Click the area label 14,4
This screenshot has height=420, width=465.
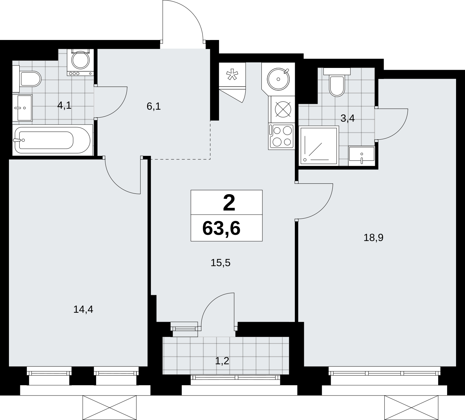(83, 310)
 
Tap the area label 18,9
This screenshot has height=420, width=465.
(373, 238)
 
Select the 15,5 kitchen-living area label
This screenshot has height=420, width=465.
(220, 263)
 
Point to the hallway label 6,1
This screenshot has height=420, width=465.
(154, 107)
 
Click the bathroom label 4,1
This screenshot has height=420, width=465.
(64, 106)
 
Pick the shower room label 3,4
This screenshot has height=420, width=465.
(348, 119)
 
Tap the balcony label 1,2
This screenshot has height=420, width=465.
(222, 361)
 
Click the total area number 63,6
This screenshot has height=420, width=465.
(221, 229)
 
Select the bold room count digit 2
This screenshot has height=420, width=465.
(229, 203)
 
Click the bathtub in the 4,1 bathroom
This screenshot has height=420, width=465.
(53, 140)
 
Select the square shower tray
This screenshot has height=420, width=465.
(319, 146)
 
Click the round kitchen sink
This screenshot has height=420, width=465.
(278, 79)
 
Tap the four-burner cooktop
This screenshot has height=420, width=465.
(281, 136)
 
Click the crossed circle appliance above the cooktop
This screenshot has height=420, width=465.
(283, 110)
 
